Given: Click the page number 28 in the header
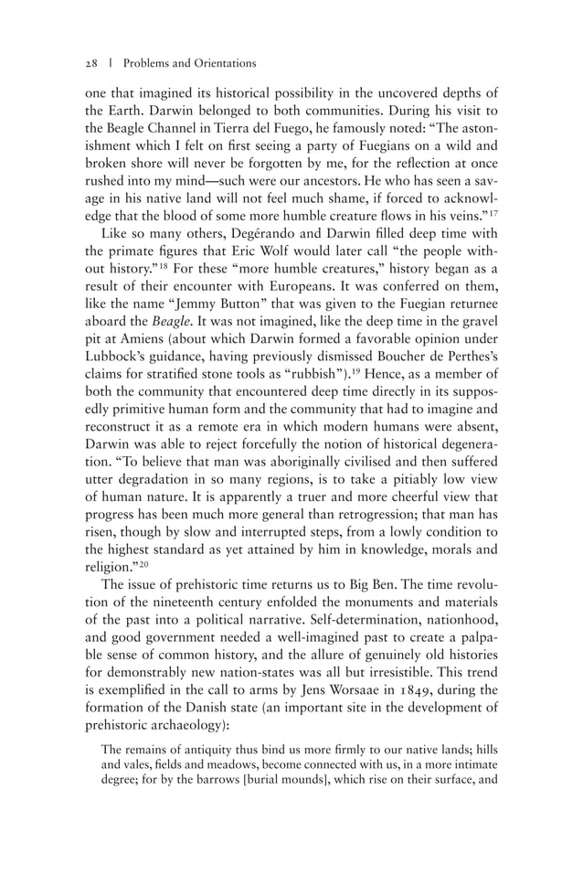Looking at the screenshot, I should pyautogui.click(x=90, y=63).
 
